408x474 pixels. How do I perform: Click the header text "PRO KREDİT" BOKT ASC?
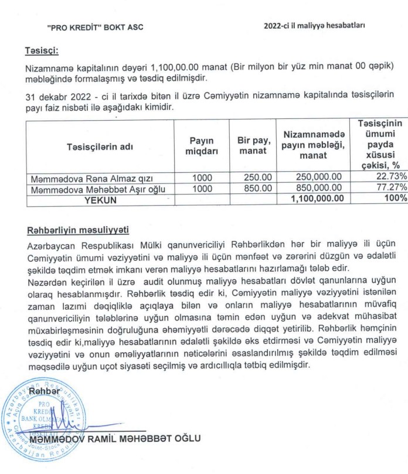coord(94,27)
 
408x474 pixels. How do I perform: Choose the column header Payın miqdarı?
coord(201,146)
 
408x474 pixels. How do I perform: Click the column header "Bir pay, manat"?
coord(253,146)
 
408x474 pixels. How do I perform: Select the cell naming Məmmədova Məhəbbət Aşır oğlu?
coord(100,189)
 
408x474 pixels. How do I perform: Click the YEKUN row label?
coord(100,199)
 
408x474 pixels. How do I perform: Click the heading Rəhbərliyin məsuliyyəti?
coord(78,229)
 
